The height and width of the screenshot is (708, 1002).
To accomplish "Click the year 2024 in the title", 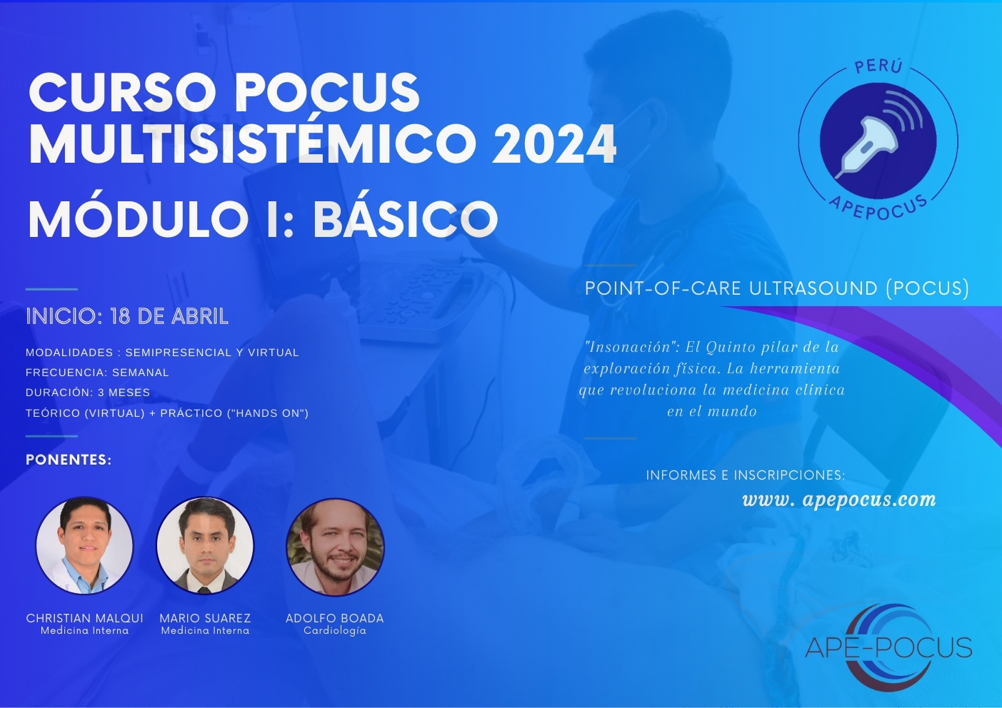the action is [x=554, y=144].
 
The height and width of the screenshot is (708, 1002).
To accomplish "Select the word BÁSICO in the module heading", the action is [x=405, y=219].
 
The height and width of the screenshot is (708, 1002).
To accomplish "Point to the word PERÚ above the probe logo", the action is [x=878, y=66].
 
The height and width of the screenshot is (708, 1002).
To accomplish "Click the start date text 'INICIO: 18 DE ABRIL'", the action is [x=127, y=316].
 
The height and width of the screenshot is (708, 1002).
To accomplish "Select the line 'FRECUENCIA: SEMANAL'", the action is [x=97, y=373].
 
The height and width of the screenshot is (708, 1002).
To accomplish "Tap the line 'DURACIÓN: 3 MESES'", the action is [x=88, y=393].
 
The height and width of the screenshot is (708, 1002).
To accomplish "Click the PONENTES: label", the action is [x=69, y=460].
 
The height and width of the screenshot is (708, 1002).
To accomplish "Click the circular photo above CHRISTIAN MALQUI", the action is [x=84, y=546].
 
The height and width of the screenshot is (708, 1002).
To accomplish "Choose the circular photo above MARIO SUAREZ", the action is [x=205, y=546].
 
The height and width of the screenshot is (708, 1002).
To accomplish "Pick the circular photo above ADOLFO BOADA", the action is [x=335, y=547].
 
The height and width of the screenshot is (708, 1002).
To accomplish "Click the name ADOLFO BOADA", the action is [x=335, y=618].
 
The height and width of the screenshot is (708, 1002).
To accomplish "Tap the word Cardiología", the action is [x=335, y=631].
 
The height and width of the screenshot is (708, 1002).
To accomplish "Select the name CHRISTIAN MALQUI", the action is [x=84, y=618].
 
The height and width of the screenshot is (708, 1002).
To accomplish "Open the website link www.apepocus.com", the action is [x=839, y=500].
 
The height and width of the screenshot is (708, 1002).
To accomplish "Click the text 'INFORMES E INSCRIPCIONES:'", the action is [x=746, y=475].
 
